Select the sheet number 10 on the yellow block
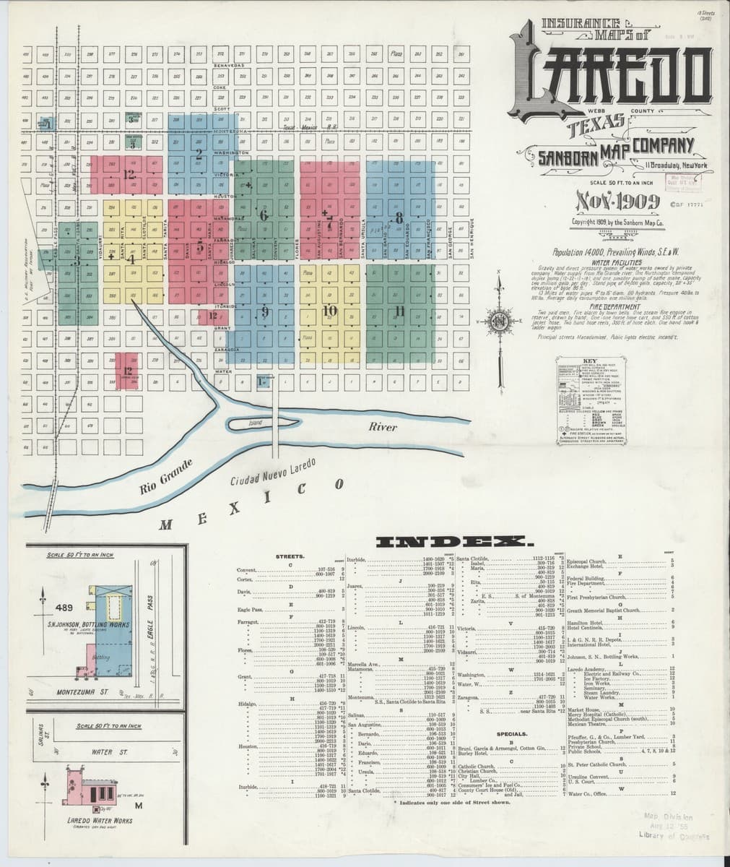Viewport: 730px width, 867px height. coord(330,311)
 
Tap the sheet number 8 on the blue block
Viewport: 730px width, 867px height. coord(398,217)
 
